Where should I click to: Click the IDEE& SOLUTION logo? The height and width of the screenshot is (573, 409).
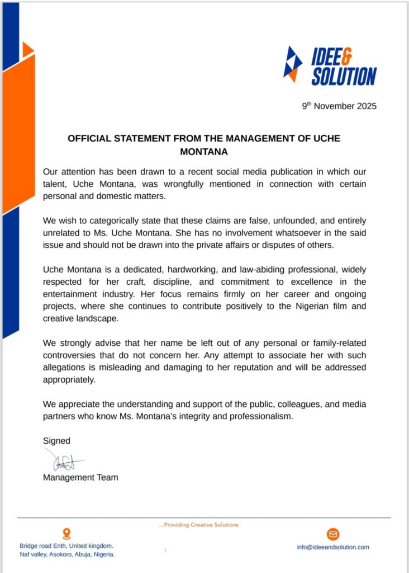[330, 66]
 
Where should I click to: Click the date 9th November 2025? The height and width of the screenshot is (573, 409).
[340, 106]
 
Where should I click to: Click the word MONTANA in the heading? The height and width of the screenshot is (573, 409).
[204, 151]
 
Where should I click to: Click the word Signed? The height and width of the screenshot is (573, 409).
[56, 441]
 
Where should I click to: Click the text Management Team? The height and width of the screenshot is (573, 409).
[80, 477]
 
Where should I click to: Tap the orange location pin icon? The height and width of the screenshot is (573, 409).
[67, 534]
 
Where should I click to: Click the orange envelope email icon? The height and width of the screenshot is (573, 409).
[334, 534]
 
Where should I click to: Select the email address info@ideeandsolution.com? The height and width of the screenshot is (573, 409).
[333, 547]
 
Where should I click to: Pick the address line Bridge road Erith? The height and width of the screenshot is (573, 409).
[66, 546]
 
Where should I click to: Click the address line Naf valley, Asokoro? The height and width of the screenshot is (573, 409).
[67, 555]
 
